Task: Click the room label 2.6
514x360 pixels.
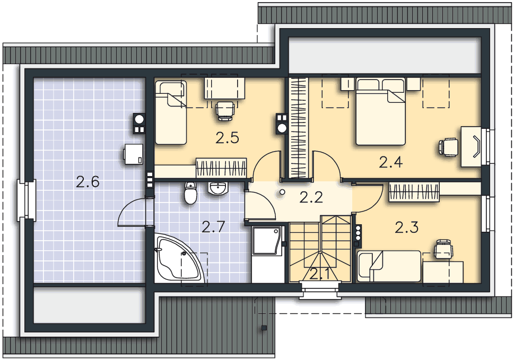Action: [x=88, y=182]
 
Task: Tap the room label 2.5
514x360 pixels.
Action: [x=227, y=138]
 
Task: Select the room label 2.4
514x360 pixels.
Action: [x=391, y=162]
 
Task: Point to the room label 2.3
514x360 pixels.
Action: [x=406, y=227]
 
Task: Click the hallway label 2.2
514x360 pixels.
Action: [x=311, y=197]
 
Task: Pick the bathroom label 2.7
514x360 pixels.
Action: [x=213, y=227]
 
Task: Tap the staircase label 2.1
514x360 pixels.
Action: [x=320, y=274]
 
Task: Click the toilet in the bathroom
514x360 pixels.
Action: [x=190, y=193]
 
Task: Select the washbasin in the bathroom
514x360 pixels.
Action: [x=217, y=189]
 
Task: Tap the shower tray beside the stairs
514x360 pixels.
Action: [x=267, y=241]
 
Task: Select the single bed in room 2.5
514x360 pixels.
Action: [x=171, y=113]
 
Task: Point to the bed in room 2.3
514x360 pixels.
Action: [x=389, y=266]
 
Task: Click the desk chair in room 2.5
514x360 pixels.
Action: [x=225, y=110]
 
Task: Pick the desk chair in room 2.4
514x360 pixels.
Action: [x=448, y=147]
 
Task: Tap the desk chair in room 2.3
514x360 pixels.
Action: [x=443, y=249]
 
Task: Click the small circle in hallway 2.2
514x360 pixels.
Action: [x=282, y=192]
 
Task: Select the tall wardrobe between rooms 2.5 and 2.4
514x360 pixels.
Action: [x=298, y=128]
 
